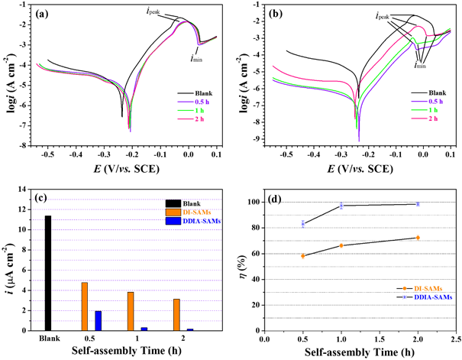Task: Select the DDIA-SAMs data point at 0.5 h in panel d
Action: click(x=303, y=224)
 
